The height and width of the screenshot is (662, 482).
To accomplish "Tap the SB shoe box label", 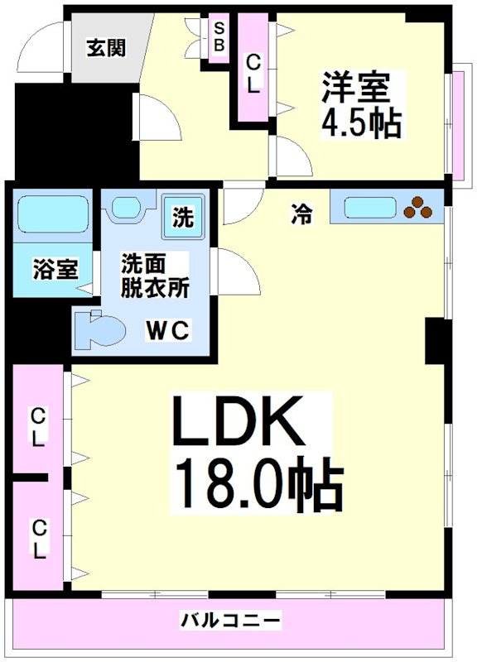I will [219, 37].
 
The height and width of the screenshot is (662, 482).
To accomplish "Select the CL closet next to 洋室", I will [253, 73].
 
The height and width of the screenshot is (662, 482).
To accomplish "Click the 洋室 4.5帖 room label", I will [361, 105].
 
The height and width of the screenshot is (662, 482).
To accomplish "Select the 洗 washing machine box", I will [183, 217].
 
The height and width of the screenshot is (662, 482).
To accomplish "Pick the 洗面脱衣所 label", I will [155, 276].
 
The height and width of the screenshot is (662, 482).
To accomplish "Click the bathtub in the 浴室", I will [53, 215].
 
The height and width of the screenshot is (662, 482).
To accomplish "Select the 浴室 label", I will [55, 270].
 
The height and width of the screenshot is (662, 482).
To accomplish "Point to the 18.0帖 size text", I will [257, 488].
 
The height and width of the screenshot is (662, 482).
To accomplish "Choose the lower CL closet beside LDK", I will [38, 535].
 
